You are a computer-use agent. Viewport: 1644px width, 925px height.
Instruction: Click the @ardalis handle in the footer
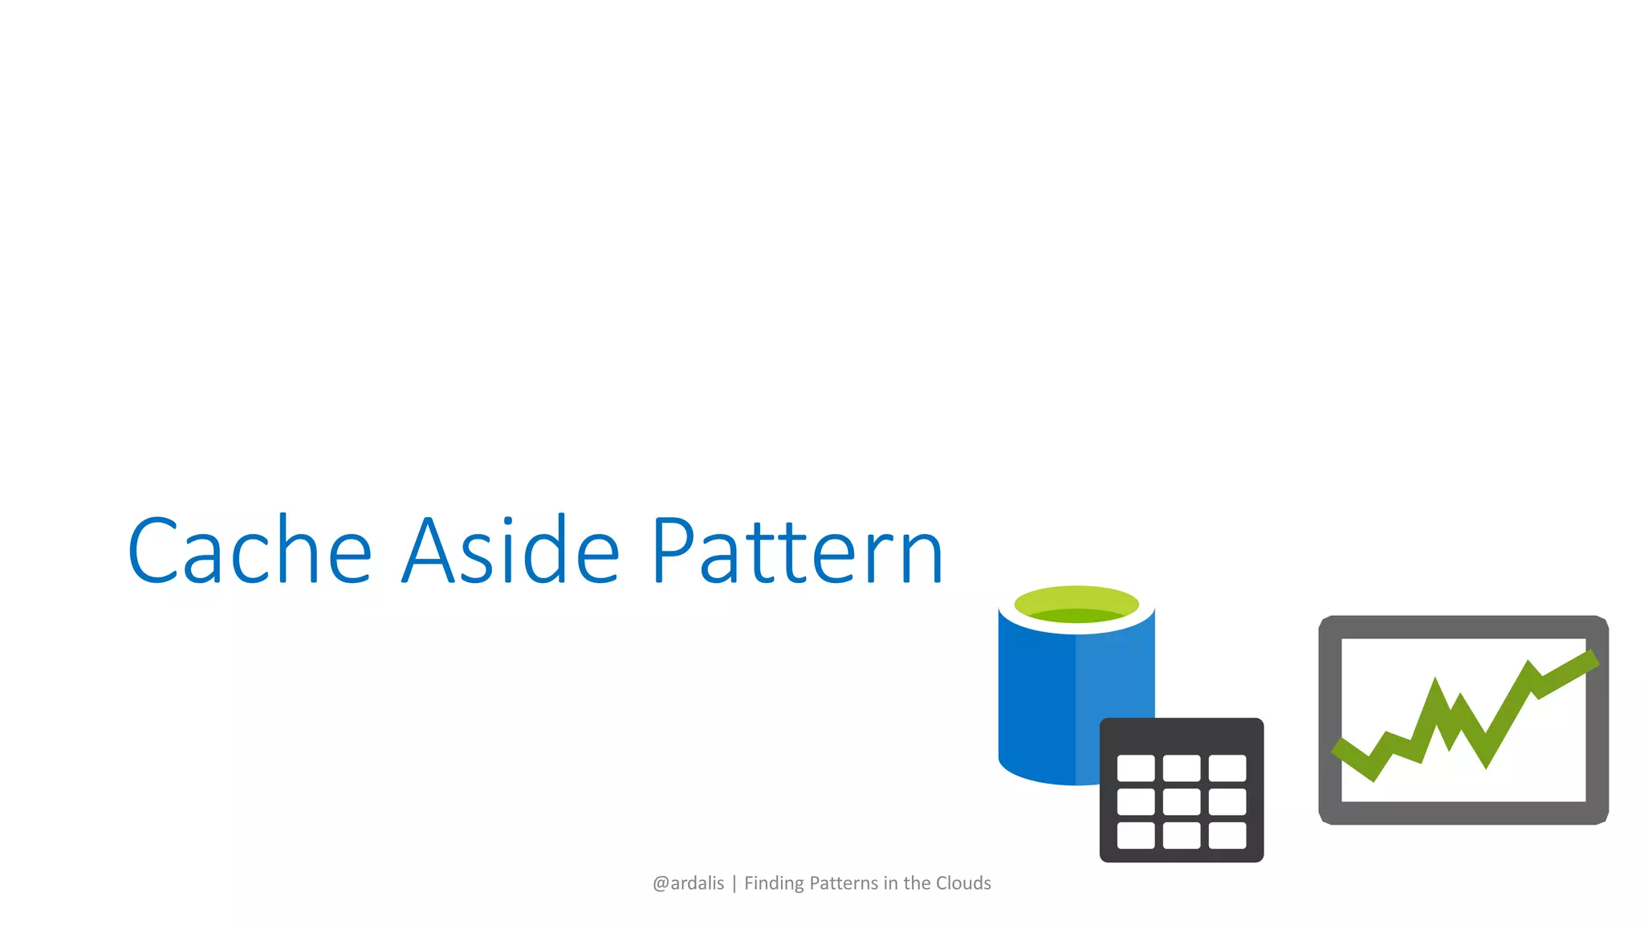(688, 883)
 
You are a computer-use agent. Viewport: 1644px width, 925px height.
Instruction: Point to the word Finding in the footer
(774, 883)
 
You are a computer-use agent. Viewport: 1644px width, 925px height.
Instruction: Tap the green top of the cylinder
(1076, 604)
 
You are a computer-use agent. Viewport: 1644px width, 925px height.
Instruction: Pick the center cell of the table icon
(1182, 801)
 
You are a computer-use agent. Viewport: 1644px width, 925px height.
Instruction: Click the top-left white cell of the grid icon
(1136, 768)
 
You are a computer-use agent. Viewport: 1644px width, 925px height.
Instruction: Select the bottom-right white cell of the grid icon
(1227, 835)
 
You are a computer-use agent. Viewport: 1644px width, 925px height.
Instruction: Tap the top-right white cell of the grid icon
(1227, 768)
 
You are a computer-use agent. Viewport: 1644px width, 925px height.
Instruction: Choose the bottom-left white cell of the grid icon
(1136, 835)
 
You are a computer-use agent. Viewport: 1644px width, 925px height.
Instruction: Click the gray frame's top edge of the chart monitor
(1463, 627)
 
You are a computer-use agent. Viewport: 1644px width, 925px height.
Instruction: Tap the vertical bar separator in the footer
(734, 884)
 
